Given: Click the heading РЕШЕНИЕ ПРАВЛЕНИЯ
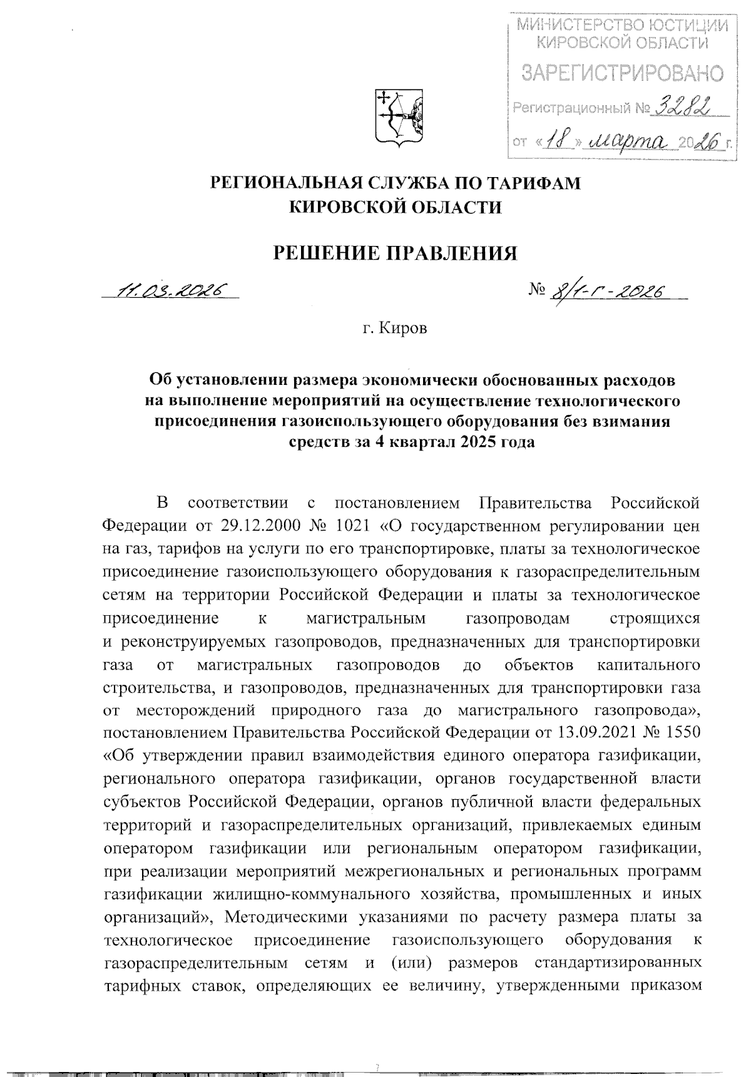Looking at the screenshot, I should [x=397, y=253].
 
